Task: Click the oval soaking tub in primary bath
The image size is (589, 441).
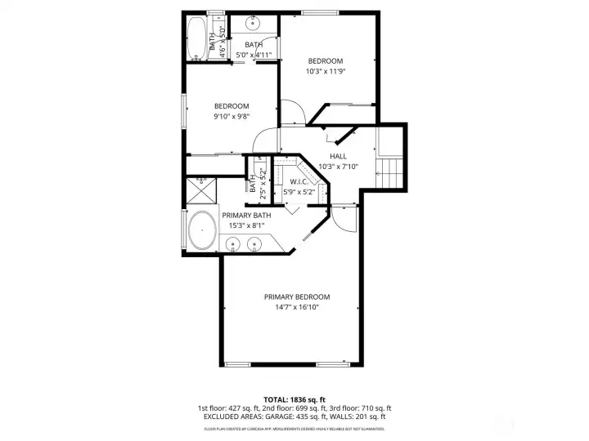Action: pyautogui.click(x=202, y=231)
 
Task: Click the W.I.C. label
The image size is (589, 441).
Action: pyautogui.click(x=298, y=182)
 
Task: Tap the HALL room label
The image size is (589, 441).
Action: pyautogui.click(x=338, y=156)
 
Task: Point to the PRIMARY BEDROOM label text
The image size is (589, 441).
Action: pyautogui.click(x=296, y=296)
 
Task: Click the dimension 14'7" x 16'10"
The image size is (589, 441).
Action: pyautogui.click(x=296, y=307)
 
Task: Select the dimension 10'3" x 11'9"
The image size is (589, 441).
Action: pyautogui.click(x=325, y=71)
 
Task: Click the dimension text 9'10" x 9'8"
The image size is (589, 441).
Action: pyautogui.click(x=232, y=116)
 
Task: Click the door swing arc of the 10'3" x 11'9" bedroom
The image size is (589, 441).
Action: pyautogui.click(x=293, y=112)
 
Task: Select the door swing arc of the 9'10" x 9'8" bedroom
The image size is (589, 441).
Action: pyautogui.click(x=266, y=140)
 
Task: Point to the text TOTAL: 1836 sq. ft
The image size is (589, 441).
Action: pyautogui.click(x=295, y=399)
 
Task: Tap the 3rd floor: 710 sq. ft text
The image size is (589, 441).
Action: pyautogui.click(x=360, y=408)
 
